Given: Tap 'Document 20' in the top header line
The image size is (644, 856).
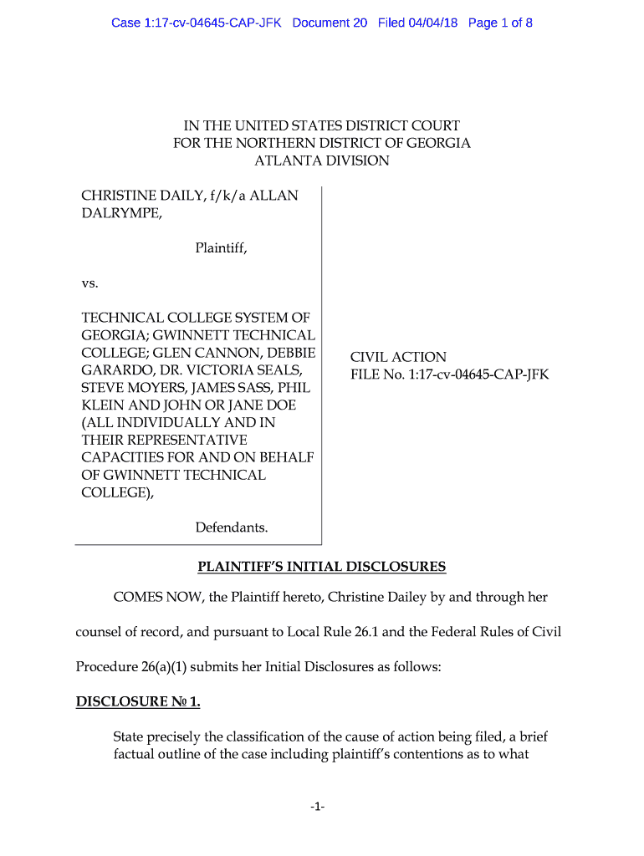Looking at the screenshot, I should (330, 23).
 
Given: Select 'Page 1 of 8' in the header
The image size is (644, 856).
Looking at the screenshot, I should (500, 23).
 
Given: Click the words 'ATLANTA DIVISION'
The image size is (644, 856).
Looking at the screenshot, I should (322, 160).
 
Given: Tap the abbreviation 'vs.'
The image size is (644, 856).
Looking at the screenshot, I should (89, 283).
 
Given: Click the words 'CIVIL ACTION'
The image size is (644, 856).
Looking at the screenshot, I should (398, 357).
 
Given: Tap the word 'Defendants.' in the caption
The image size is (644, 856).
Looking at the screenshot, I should (232, 527).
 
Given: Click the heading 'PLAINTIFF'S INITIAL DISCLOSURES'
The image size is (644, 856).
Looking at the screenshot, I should (322, 567).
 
